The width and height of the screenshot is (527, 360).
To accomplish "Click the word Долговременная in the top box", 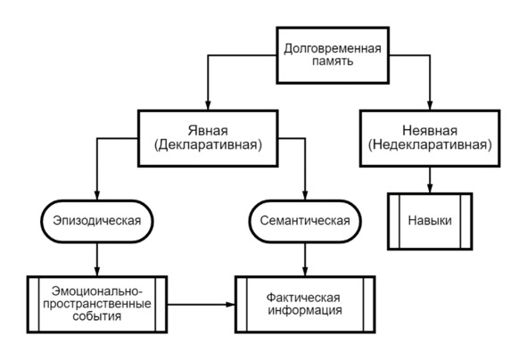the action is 333,49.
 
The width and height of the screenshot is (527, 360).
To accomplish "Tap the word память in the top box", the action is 333,61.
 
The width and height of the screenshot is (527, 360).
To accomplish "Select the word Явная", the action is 208,130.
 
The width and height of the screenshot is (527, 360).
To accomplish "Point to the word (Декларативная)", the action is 208,144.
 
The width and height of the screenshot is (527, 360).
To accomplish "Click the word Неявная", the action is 430,130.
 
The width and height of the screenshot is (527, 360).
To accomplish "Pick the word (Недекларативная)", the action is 430,144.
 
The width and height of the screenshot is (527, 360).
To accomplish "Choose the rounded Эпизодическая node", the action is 97,221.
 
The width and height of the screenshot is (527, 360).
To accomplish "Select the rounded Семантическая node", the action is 305,221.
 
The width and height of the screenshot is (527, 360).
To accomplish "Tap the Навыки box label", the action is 430,221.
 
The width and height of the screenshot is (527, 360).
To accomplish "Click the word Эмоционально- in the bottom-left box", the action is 97,290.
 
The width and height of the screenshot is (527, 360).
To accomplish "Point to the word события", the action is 97,316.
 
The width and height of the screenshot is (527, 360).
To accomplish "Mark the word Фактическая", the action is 303,298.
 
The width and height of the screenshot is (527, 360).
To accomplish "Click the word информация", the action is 305,310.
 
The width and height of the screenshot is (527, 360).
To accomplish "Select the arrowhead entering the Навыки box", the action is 430,188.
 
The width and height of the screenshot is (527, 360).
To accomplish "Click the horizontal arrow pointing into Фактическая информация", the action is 201,305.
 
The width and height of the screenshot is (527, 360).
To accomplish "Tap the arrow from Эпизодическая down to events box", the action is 97,259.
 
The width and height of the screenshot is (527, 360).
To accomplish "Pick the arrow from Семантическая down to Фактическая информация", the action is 305,259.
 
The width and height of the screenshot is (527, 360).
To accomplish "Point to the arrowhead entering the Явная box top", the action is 208,105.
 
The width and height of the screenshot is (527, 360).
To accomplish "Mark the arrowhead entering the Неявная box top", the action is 430,105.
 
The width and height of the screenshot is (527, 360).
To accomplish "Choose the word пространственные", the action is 97,304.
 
